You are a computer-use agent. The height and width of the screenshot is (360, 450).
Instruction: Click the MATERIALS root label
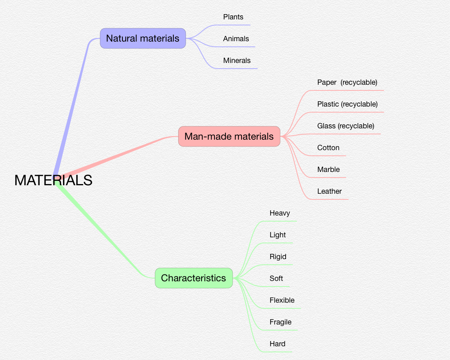point(53,180)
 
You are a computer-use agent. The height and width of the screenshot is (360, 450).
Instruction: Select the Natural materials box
point(143,38)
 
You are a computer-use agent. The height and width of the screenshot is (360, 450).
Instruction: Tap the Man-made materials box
point(229,136)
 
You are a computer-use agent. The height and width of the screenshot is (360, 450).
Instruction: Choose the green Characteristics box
point(193,278)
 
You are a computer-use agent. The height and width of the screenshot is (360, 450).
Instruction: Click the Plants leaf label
point(233,17)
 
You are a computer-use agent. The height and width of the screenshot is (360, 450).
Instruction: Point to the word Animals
point(236,39)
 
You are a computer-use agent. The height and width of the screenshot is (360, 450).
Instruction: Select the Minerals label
point(237,61)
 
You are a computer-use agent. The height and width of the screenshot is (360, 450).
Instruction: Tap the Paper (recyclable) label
point(347,82)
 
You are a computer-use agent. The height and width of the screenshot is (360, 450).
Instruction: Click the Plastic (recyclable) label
point(347,104)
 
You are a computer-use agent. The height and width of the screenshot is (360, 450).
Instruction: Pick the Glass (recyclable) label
point(346,126)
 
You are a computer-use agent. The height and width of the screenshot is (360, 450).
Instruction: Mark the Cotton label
point(328,148)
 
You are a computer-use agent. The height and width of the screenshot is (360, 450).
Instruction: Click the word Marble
point(328,170)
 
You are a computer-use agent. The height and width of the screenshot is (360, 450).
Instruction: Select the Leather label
point(329,191)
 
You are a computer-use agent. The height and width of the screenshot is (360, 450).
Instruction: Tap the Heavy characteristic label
point(280,213)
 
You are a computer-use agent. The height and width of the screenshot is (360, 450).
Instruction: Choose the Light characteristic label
point(278,235)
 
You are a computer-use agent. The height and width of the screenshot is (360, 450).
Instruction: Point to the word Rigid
point(278,257)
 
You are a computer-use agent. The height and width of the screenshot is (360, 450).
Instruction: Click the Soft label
point(276,278)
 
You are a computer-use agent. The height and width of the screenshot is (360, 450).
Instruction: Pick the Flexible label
point(282,300)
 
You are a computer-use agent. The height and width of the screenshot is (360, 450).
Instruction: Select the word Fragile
point(280,322)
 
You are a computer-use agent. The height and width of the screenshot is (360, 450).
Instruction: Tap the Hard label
point(277,344)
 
